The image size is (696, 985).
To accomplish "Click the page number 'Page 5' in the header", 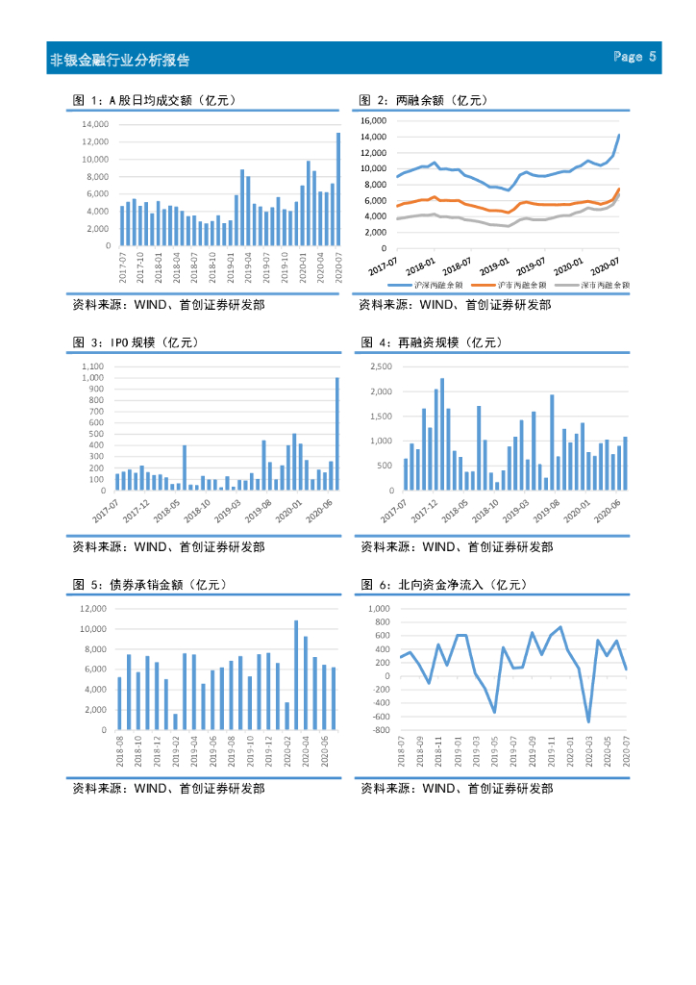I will coord(635,58).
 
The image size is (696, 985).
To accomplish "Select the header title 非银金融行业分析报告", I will coord(120,60).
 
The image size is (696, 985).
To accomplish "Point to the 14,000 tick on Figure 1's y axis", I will coord(94,125).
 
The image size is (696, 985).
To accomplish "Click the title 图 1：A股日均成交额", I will coord(155,100).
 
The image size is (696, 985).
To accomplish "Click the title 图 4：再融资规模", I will coord(432,342).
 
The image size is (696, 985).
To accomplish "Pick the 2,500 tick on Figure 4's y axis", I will coord(380,367).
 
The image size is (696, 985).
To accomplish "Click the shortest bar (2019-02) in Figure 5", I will coord(175,721).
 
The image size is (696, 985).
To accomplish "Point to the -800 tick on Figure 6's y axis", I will coord(380,730).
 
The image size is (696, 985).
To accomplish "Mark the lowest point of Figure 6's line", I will coord(588,721).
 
